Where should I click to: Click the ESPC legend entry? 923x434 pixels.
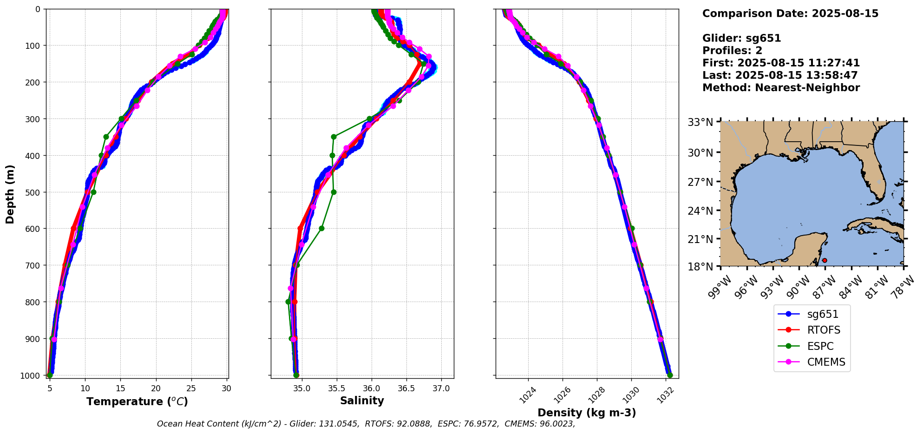[820, 346]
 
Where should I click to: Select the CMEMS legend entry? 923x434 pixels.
[826, 362]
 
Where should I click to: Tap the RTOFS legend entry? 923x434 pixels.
[823, 330]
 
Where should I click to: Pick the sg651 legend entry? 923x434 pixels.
[822, 314]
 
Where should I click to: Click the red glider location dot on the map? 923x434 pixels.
[825, 260]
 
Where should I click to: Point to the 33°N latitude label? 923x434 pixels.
[700, 122]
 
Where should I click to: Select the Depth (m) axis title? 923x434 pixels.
[10, 194]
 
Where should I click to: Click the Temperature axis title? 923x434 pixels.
[137, 401]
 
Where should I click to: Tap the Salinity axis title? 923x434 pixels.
[362, 401]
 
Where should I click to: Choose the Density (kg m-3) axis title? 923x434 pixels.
[587, 413]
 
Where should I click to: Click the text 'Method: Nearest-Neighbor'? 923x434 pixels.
[781, 88]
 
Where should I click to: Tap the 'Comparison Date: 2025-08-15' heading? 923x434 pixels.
[790, 13]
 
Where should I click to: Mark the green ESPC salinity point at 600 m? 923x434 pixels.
[321, 228]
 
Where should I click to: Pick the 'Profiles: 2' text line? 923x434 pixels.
[732, 51]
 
